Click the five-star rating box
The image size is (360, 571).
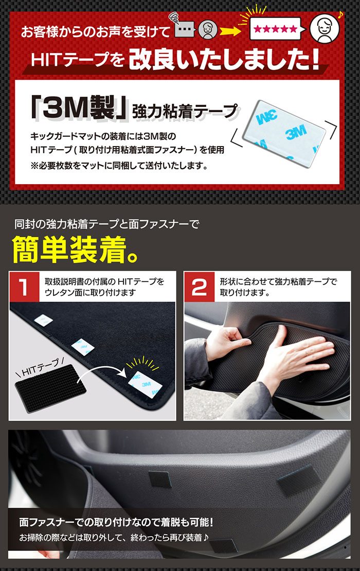coord(275,29)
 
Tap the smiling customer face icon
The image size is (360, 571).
coord(325,28)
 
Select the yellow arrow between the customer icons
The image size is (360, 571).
coord(229,32)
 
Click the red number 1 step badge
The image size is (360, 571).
coord(25,287)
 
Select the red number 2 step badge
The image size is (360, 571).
coord(199,287)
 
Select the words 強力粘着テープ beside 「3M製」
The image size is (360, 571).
coord(185,111)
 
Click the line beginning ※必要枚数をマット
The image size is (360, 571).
coord(120,166)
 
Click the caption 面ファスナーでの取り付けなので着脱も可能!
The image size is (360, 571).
coord(116,523)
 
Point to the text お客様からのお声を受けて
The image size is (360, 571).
coord(95,32)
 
